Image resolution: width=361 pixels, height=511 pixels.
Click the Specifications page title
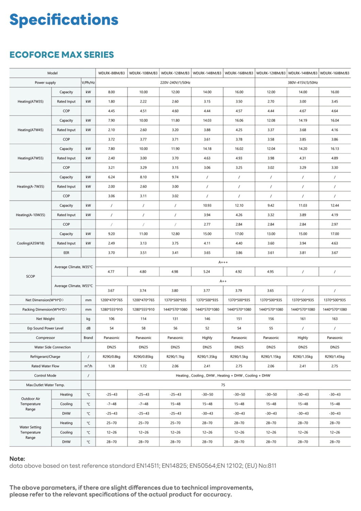(x=64, y=20)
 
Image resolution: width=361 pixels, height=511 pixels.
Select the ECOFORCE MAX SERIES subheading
(x=62, y=55)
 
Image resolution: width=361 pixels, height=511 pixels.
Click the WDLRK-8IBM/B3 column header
(x=111, y=73)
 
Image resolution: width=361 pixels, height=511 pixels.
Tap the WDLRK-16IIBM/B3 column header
(x=334, y=73)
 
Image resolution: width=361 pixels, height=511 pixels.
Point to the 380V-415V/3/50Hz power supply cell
(x=302, y=83)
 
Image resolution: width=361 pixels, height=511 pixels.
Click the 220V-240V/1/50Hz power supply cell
(x=175, y=83)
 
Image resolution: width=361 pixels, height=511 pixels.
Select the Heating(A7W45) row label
(x=31, y=130)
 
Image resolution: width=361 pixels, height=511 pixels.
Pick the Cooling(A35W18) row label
(x=31, y=243)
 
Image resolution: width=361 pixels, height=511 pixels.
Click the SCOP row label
(x=31, y=276)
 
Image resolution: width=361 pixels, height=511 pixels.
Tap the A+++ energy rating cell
(x=223, y=262)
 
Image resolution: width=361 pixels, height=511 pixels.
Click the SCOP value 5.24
(x=207, y=272)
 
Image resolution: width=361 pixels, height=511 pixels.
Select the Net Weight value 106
(x=111, y=319)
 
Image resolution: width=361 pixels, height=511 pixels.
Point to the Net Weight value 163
(x=334, y=319)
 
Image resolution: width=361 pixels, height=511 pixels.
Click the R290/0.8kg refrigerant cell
(x=111, y=357)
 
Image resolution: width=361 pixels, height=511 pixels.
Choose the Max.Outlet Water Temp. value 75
(x=223, y=385)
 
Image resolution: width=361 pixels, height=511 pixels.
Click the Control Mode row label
(x=45, y=375)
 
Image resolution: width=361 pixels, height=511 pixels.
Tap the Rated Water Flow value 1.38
(x=111, y=366)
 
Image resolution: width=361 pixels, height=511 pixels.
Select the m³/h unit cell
(x=88, y=366)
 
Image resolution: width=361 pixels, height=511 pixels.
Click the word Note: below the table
(x=17, y=459)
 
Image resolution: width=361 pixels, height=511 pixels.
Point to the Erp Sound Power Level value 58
(x=143, y=328)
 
